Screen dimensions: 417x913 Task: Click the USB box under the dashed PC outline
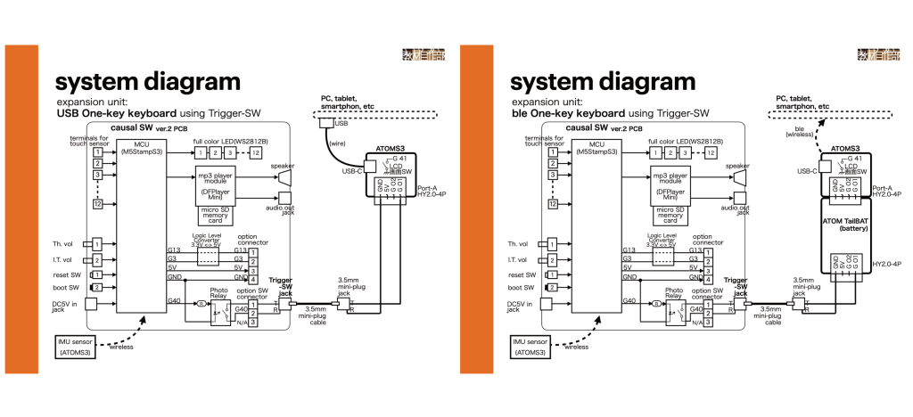[x=326, y=125]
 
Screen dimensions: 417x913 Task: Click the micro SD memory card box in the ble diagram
[x=670, y=213]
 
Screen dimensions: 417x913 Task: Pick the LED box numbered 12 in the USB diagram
[x=257, y=154]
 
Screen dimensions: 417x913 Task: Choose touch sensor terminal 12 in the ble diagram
[x=554, y=204]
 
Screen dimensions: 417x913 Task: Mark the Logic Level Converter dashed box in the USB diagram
[x=209, y=257]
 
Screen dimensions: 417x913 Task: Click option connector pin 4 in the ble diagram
[x=707, y=281]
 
